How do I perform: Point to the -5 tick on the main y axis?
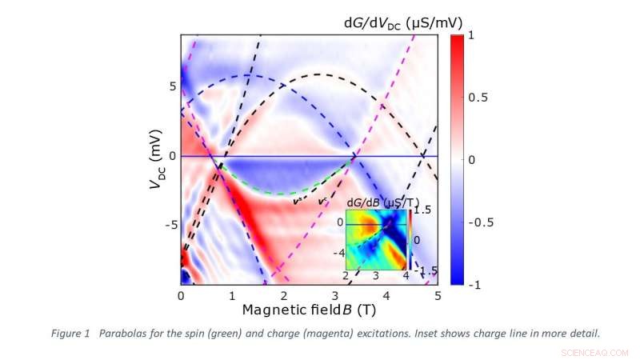tap(168, 225)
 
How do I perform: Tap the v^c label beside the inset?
tap(323, 202)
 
